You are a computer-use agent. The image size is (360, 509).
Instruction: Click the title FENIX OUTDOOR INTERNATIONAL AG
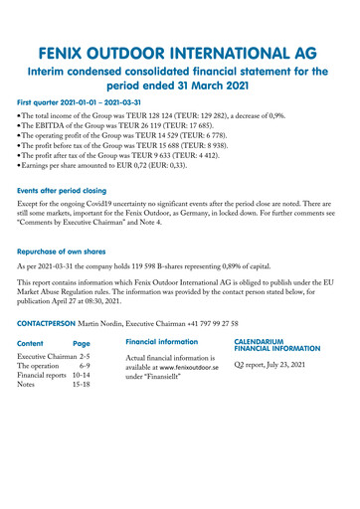(x=179, y=52)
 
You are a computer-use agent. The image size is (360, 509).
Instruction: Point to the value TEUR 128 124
(x=184, y=115)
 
